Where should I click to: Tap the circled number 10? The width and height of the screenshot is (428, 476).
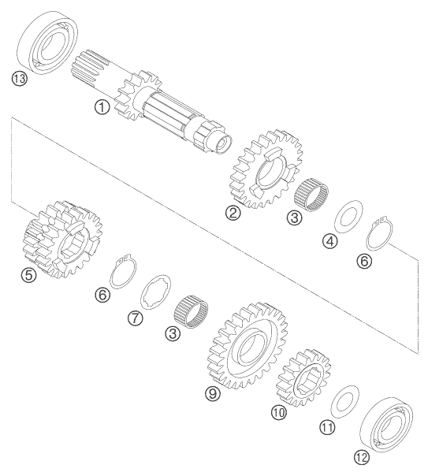coord(278,411)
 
